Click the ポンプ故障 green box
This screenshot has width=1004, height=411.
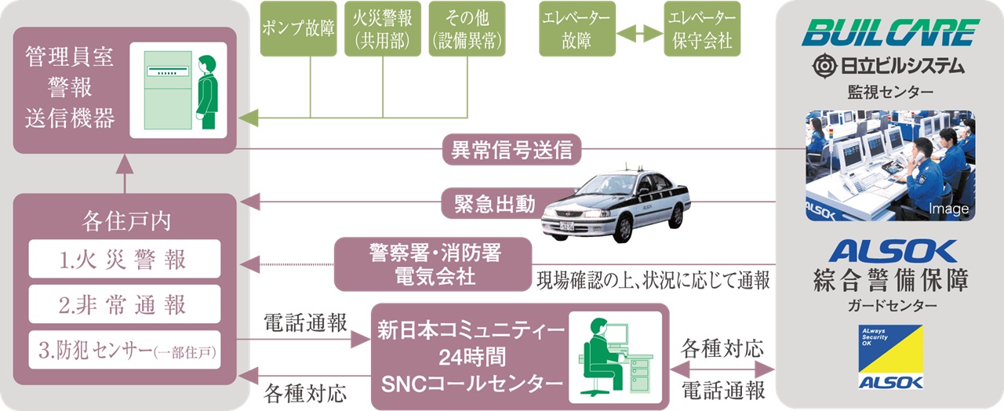click(x=298, y=29)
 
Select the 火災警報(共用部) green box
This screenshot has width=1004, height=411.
click(x=382, y=29)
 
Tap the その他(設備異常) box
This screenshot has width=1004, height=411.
click(x=467, y=29)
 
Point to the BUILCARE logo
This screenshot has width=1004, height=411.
click(x=890, y=34)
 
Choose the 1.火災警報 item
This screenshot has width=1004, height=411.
click(x=124, y=259)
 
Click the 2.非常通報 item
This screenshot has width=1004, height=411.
click(x=124, y=304)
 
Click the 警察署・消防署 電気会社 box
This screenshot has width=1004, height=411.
click(x=433, y=265)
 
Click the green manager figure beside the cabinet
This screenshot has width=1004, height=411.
click(x=206, y=91)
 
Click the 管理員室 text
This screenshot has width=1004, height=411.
click(x=69, y=58)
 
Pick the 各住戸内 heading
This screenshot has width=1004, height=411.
click(x=124, y=221)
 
